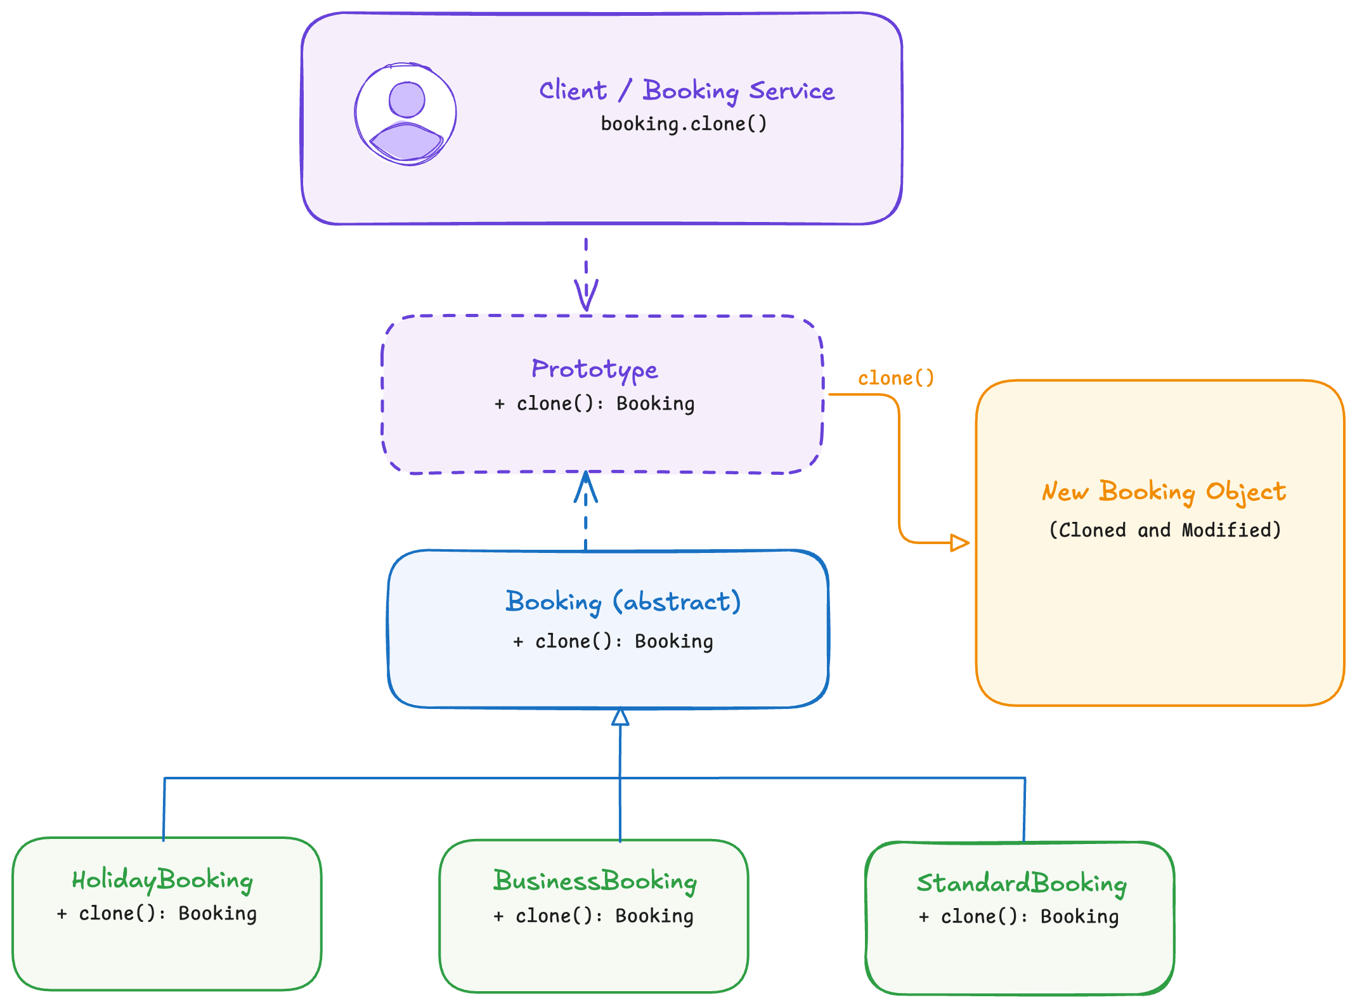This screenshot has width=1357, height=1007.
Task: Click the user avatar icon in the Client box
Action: click(406, 114)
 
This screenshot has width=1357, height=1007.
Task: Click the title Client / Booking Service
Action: click(686, 91)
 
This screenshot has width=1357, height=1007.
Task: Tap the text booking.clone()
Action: click(684, 124)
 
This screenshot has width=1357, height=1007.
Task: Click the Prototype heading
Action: click(594, 369)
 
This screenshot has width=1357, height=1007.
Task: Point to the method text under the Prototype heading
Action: click(594, 404)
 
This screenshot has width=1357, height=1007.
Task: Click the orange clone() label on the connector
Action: click(895, 379)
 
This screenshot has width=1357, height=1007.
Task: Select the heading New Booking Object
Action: click(1164, 492)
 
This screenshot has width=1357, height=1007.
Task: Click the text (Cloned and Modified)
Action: click(1165, 530)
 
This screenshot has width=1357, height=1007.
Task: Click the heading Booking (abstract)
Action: click(623, 602)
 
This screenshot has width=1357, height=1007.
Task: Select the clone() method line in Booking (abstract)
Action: click(613, 642)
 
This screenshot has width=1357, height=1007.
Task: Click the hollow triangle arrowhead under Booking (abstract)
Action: click(620, 717)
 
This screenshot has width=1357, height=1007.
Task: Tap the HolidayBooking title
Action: click(162, 880)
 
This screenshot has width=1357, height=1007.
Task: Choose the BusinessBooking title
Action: click(595, 881)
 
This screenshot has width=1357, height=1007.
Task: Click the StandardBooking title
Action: click(1021, 883)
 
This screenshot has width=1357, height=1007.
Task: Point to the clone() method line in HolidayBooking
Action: click(157, 914)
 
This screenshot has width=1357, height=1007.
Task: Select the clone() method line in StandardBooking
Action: click(1018, 917)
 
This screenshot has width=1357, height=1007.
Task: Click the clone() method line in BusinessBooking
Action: click(594, 916)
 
